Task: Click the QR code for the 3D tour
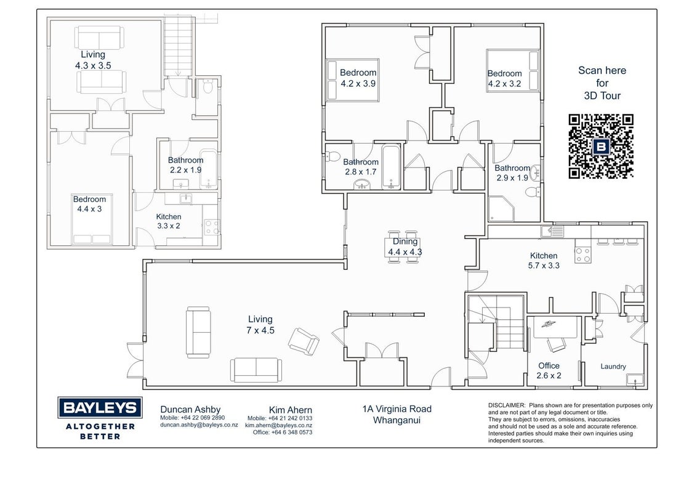(x=601, y=147)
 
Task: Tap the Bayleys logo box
(x=100, y=407)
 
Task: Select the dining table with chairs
(x=404, y=247)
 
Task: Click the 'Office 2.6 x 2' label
(x=549, y=370)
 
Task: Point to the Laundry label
(x=613, y=367)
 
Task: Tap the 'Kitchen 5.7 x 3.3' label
(x=544, y=261)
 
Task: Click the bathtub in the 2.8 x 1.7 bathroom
(x=391, y=167)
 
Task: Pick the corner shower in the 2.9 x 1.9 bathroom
(x=501, y=209)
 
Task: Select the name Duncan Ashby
(x=190, y=409)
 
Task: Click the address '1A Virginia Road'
(x=397, y=409)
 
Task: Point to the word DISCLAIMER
(x=507, y=405)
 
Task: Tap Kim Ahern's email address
(x=279, y=425)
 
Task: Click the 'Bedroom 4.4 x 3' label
(x=89, y=204)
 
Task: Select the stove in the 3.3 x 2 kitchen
(x=212, y=227)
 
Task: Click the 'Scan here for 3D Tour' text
(x=602, y=83)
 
